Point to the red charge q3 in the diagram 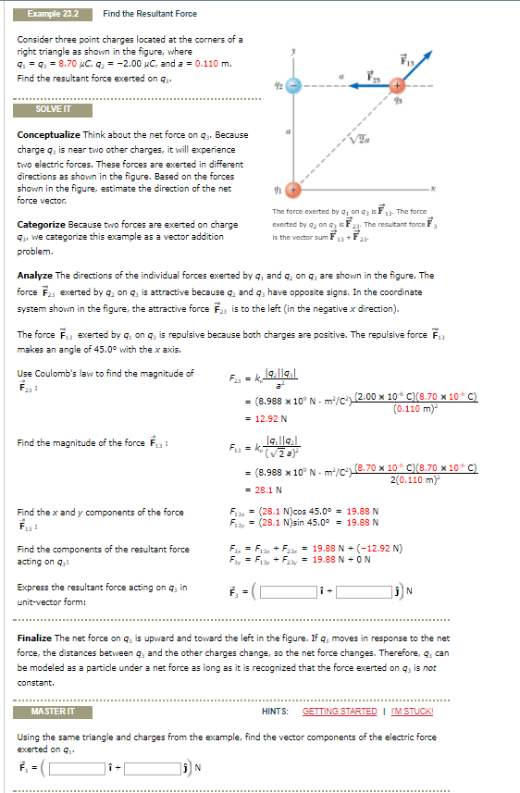point(397,85)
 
